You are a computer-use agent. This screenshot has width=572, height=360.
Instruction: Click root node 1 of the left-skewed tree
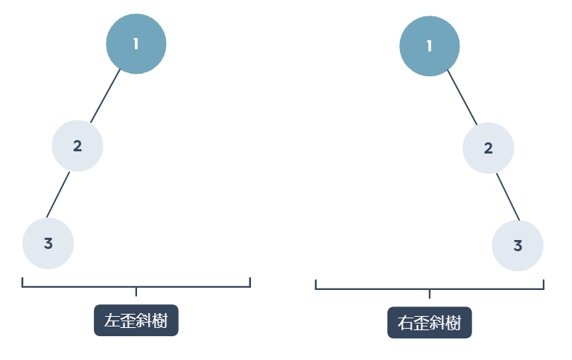click(x=136, y=44)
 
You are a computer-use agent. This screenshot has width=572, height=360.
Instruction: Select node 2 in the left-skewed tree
click(x=77, y=146)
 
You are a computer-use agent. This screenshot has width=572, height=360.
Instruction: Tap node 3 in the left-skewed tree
click(x=48, y=243)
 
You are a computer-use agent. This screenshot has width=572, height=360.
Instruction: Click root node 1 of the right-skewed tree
click(x=430, y=46)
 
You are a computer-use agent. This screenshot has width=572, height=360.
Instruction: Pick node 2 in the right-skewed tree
click(x=488, y=148)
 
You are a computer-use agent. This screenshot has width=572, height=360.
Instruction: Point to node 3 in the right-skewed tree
click(x=518, y=245)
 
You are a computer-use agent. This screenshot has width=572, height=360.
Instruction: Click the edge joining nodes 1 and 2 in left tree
click(x=106, y=95)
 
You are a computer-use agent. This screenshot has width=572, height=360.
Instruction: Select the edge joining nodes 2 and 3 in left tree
click(x=58, y=195)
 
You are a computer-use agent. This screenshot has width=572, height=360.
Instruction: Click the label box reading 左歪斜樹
click(x=136, y=321)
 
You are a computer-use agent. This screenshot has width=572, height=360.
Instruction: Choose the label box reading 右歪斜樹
click(x=430, y=323)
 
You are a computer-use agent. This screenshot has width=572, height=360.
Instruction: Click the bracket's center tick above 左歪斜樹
click(x=136, y=290)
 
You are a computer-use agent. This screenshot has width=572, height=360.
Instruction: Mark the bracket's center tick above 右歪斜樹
click(x=430, y=293)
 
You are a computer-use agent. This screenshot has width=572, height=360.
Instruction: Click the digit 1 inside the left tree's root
click(x=136, y=44)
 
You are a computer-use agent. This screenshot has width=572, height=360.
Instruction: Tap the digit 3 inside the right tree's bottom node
click(x=518, y=245)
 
